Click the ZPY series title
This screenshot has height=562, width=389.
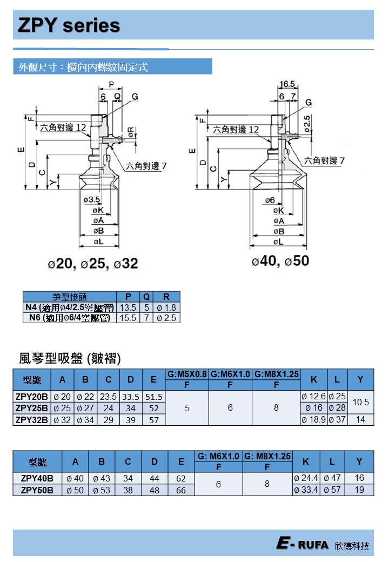click(x=69, y=25)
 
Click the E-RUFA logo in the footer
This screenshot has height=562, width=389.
click(x=302, y=544)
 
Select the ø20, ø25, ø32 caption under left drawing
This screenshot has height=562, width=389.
click(x=93, y=264)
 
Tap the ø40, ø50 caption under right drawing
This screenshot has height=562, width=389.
click(x=280, y=261)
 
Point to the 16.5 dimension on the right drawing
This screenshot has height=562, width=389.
click(x=288, y=84)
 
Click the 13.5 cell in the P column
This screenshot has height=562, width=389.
click(x=128, y=307)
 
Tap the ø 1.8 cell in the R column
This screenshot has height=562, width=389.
click(x=166, y=307)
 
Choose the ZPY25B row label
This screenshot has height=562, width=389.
click(x=32, y=408)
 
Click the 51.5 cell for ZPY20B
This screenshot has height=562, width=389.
click(x=153, y=397)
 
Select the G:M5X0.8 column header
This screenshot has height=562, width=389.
click(x=187, y=374)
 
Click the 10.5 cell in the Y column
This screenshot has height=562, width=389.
click(x=360, y=403)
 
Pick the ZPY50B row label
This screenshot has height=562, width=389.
click(x=37, y=491)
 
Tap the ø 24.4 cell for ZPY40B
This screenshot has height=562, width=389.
click(x=306, y=478)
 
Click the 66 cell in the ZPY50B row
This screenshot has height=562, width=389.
click(x=181, y=491)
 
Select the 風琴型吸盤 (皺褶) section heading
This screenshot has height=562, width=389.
click(x=70, y=358)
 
